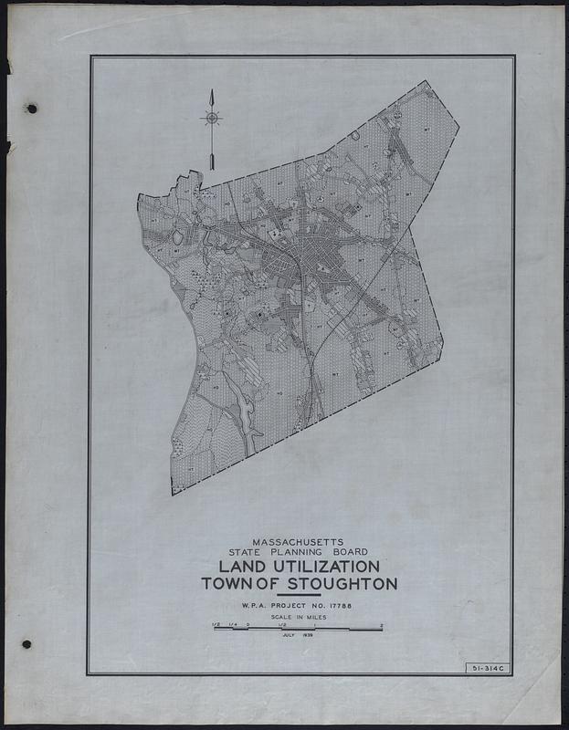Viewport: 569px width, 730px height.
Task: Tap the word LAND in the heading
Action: coord(227,567)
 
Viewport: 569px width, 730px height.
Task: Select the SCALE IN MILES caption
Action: coord(299,618)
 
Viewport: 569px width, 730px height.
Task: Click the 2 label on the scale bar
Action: coord(382,625)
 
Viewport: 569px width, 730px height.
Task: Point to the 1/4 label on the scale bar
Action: coord(232,625)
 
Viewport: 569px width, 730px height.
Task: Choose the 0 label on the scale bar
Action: coord(248,625)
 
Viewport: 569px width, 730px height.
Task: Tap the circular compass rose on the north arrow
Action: coord(211,118)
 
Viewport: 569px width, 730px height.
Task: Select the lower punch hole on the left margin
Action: coord(26,644)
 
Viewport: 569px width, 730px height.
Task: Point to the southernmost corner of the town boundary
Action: coord(173,495)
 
